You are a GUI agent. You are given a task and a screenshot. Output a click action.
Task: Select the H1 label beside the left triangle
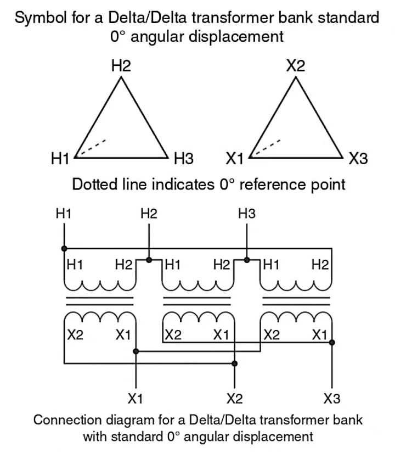[60, 160]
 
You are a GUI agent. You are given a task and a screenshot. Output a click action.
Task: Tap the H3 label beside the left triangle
[184, 160]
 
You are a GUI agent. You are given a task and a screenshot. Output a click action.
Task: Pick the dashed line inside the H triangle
[91, 148]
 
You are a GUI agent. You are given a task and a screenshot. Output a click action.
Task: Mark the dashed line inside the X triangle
[266, 148]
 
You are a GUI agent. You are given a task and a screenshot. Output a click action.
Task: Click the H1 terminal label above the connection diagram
[64, 214]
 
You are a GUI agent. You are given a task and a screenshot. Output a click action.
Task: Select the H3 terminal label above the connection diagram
[247, 214]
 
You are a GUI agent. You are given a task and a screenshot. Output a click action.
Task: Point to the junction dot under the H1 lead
[64, 248]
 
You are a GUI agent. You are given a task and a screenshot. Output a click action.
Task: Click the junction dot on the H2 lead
[149, 259]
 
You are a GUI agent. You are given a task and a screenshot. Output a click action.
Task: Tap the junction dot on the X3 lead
[332, 342]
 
